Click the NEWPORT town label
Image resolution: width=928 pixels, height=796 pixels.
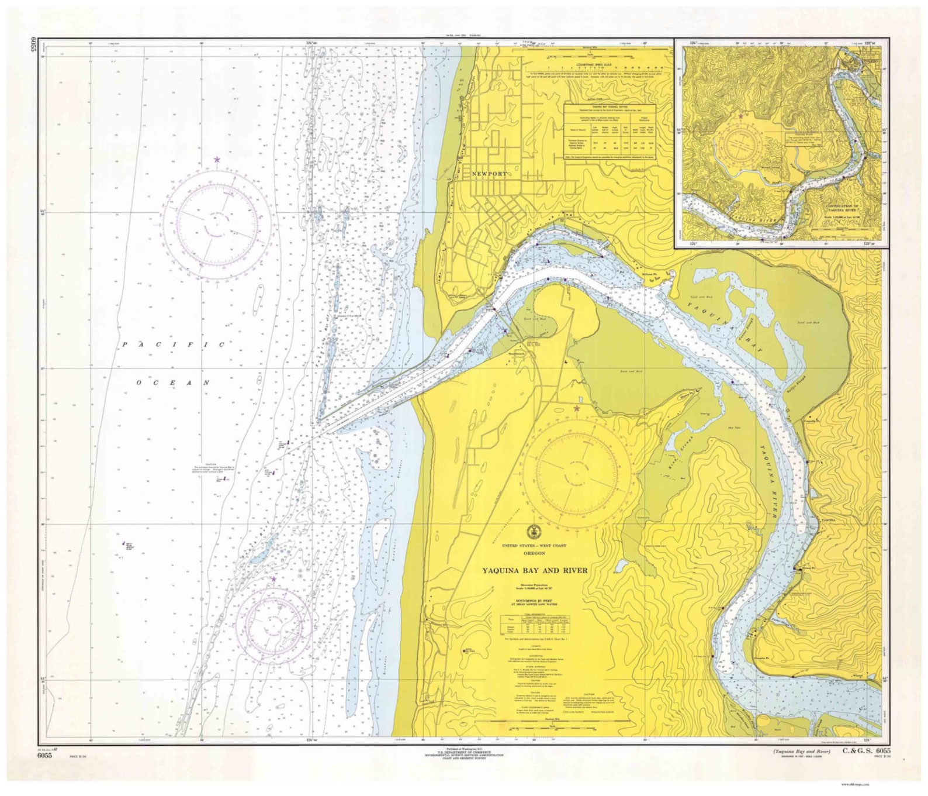[x=490, y=174]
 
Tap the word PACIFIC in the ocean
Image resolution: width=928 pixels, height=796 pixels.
[x=174, y=345]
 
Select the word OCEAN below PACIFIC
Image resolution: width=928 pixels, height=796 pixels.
[x=173, y=383]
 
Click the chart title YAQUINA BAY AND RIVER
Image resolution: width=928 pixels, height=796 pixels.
[x=534, y=570]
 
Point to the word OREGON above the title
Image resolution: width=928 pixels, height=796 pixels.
[x=534, y=553]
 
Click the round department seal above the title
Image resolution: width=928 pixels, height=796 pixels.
[x=533, y=532]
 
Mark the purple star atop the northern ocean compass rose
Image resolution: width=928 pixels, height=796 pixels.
[x=217, y=159]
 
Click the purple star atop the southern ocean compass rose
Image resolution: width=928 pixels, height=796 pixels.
[x=273, y=579]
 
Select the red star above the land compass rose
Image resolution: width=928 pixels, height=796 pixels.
[x=577, y=408]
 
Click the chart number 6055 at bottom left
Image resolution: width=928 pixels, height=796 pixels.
[x=44, y=755]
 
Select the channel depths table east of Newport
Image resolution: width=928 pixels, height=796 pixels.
[x=610, y=132]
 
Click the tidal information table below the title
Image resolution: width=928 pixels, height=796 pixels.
[x=533, y=623]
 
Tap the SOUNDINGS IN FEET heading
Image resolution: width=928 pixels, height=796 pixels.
[x=534, y=601]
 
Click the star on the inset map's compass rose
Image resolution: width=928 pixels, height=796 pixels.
[x=740, y=116]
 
